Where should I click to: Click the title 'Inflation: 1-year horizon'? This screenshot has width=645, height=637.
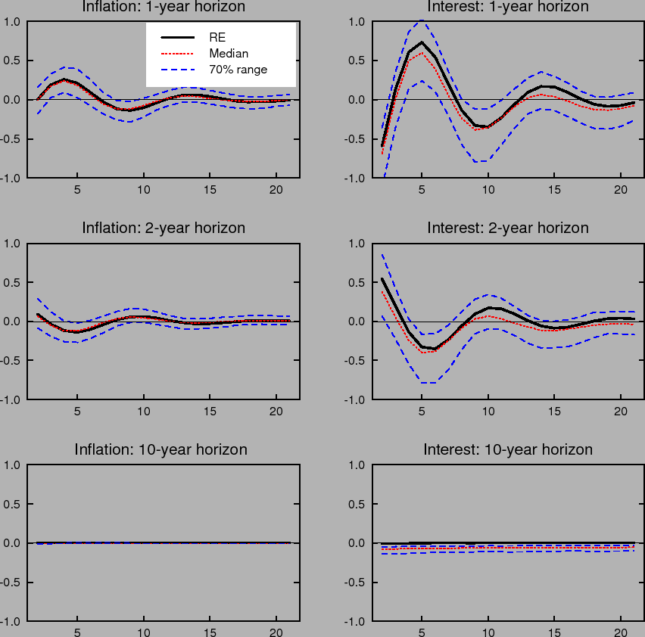[164, 7]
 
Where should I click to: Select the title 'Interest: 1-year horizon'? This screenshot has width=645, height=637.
[508, 7]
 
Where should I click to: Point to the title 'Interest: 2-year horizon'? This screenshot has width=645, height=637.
[508, 228]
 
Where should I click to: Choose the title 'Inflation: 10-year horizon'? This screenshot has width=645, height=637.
[160, 449]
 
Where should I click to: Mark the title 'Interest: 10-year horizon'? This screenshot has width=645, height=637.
[508, 449]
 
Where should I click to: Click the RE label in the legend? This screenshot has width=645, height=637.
[217, 36]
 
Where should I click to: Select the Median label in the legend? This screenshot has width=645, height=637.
[229, 53]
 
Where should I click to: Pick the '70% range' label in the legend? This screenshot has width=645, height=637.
[238, 70]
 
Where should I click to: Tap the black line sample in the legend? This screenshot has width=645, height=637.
[179, 36]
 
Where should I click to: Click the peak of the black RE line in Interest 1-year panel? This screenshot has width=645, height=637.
[422, 42]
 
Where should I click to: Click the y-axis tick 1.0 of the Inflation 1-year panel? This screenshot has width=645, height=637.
[13, 21]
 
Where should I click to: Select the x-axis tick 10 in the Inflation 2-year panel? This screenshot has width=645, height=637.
[144, 412]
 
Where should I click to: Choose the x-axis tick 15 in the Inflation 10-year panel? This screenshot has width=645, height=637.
[210, 633]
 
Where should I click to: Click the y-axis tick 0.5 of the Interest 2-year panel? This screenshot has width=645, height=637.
[360, 282]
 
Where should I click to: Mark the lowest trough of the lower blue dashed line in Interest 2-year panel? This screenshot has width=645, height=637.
[428, 383]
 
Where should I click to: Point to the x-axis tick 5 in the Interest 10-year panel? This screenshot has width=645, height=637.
[422, 633]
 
